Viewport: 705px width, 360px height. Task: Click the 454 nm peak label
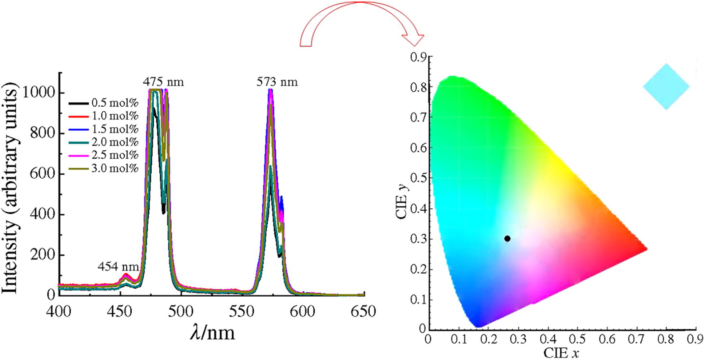[118, 267]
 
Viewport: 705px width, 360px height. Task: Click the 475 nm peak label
[163, 82]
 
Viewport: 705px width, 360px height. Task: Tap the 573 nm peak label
[277, 82]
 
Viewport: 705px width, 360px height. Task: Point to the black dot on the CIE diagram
[507, 239]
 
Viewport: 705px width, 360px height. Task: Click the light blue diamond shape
[666, 87]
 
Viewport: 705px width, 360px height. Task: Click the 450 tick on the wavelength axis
[120, 312]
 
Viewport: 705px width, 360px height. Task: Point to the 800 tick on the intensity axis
[42, 133]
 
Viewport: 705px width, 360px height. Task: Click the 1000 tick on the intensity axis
[39, 93]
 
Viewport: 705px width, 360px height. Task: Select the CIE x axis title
[561, 352]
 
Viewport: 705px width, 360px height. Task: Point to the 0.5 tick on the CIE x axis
[577, 338]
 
